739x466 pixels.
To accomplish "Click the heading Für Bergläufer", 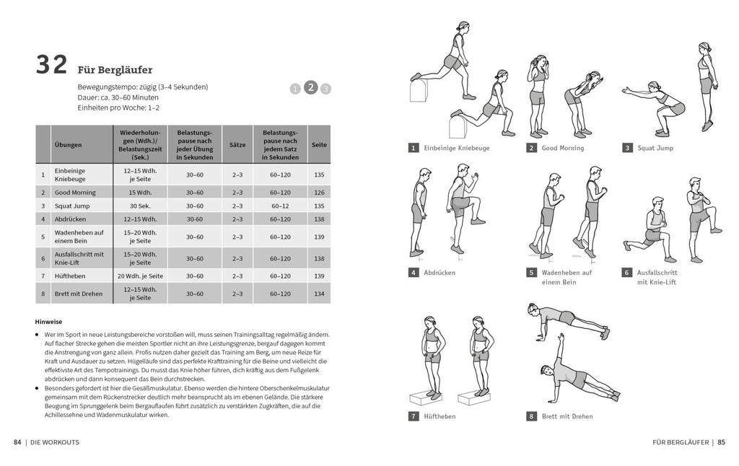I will click(115, 70).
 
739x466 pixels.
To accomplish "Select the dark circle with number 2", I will click(310, 87).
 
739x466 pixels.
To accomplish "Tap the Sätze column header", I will click(237, 144).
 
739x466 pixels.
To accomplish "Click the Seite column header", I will click(319, 144).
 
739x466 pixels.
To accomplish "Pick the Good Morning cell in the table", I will click(71, 193).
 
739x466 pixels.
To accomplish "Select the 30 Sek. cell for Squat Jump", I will click(140, 206).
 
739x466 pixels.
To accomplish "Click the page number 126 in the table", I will click(319, 193).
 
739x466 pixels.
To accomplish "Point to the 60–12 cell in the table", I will click(280, 206).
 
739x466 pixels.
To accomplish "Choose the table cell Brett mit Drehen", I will click(78, 294).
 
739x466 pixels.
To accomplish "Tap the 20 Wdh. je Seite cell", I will click(140, 276).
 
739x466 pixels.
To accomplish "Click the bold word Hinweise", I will click(48, 322).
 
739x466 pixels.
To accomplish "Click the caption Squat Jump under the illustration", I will click(655, 148).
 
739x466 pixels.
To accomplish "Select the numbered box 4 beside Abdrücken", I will click(414, 273).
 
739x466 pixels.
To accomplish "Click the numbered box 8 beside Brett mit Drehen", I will click(532, 416).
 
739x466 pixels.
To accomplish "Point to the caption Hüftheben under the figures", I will click(440, 416).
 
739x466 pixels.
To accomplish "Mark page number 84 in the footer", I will click(18, 442).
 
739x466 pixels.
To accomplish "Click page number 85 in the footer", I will click(721, 442).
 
